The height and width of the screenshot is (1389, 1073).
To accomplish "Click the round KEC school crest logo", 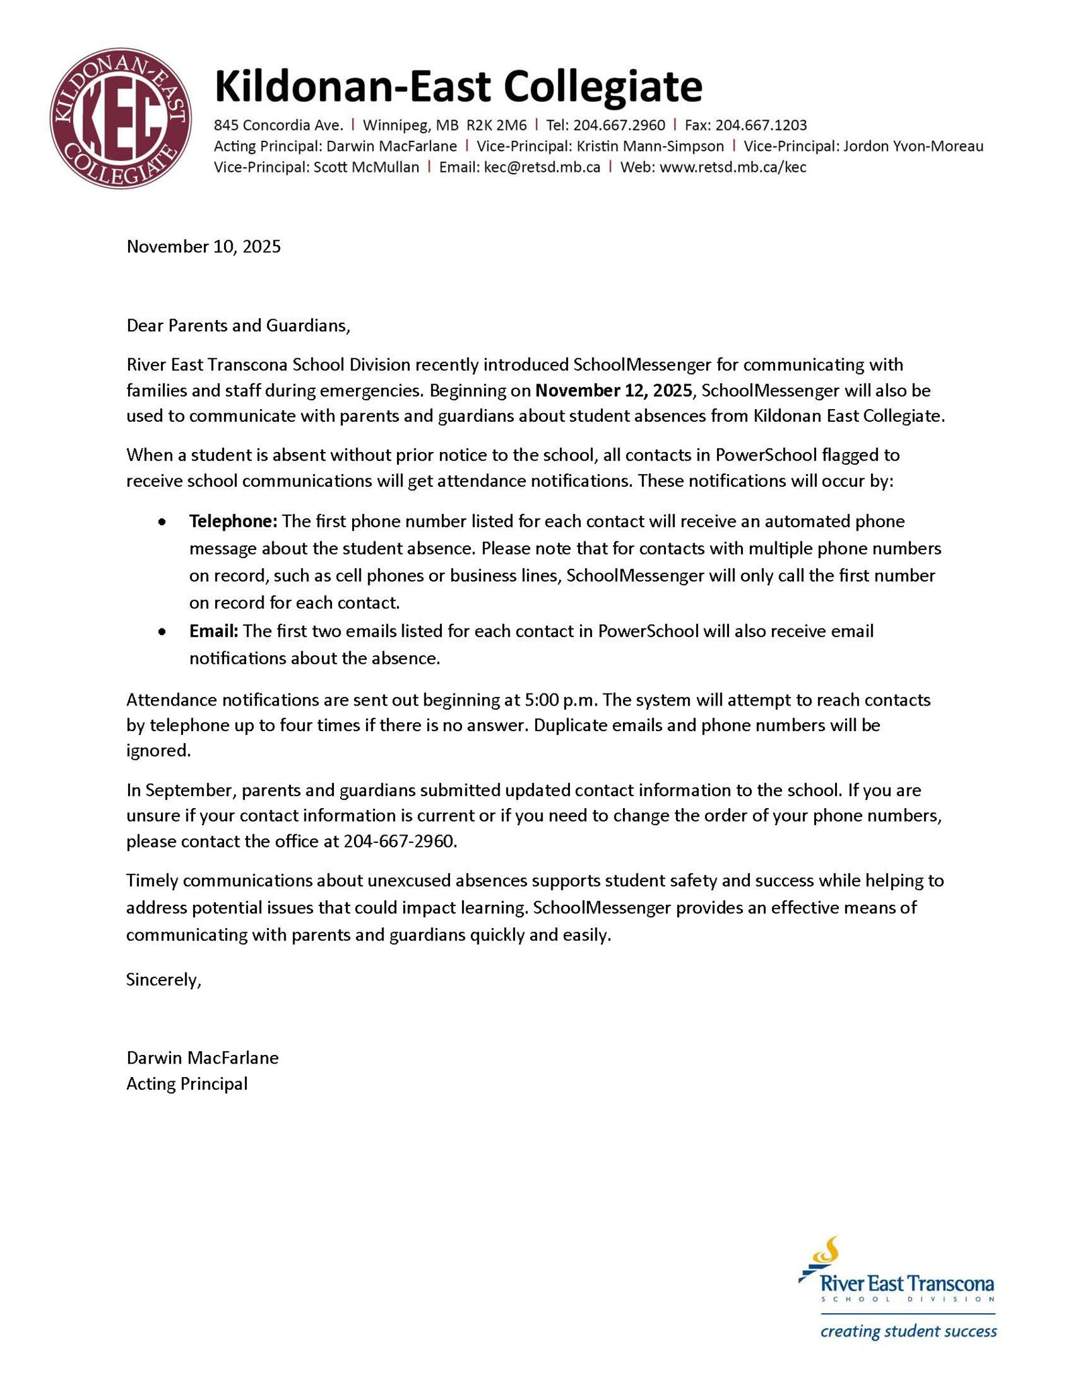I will point(121,118).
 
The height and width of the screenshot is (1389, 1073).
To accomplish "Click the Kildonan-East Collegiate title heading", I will point(458,87).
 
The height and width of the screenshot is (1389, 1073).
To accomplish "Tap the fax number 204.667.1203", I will point(761,125).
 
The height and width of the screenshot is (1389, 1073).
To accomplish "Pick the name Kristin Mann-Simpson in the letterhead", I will point(650,146).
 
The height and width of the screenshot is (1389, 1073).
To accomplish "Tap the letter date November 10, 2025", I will point(204,247).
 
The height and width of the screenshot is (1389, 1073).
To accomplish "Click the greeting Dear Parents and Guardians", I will point(238,326).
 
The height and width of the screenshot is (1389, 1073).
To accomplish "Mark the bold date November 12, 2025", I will point(613,390).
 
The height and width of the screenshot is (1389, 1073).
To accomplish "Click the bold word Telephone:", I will point(233,521).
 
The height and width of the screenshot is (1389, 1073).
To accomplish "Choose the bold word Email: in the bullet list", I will point(213,631).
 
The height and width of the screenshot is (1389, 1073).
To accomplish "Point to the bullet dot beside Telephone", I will point(162,522).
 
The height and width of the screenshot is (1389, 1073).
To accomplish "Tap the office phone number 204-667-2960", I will point(400,841).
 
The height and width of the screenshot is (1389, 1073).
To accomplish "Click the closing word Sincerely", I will point(164,980).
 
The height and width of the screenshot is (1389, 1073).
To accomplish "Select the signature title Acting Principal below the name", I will point(187,1083).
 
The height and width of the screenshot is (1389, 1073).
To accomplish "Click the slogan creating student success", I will point(908,1331).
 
